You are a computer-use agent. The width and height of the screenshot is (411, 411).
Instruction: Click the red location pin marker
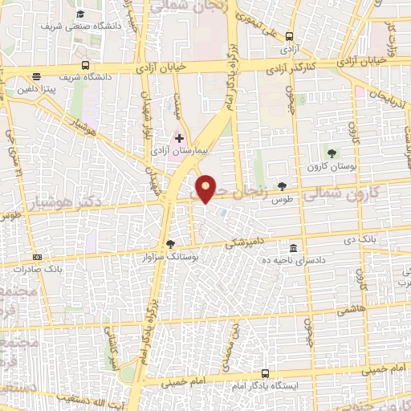tap(206, 188)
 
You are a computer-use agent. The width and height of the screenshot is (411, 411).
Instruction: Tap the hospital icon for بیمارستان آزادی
tap(179, 139)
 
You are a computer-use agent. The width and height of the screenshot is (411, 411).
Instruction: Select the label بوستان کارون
tap(332, 166)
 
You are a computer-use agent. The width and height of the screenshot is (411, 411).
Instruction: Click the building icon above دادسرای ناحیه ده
tap(294, 248)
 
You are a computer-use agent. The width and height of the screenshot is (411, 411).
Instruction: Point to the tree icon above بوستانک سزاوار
tap(169, 244)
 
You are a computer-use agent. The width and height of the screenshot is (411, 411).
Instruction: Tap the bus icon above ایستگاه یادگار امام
tap(266, 374)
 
